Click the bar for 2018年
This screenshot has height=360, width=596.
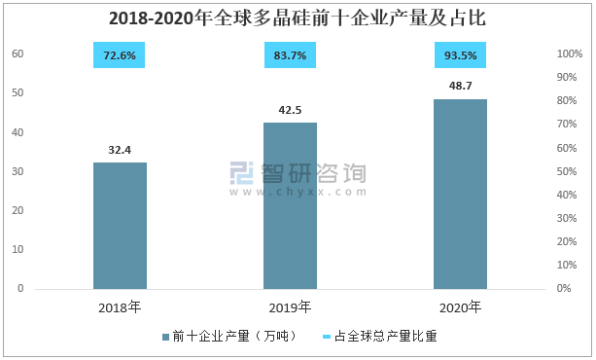[x=121, y=226]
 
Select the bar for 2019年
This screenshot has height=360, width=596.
[x=290, y=206]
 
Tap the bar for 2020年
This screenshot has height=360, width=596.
[x=460, y=194]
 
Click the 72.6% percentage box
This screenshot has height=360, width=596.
[x=120, y=55]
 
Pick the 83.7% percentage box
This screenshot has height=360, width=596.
[x=290, y=55]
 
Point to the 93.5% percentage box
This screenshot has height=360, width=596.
[x=460, y=55]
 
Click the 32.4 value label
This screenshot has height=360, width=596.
[x=120, y=150]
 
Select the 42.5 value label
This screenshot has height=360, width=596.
[x=290, y=110]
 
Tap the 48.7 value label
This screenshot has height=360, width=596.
[x=460, y=86]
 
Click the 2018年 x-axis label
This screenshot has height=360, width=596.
[x=120, y=307]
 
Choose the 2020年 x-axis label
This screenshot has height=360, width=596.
[x=460, y=307]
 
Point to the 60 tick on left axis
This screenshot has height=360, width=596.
[x=18, y=54]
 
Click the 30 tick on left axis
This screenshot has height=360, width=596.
[x=18, y=171]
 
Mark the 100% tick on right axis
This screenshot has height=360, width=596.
[x=570, y=54]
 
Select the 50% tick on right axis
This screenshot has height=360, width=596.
[x=567, y=171]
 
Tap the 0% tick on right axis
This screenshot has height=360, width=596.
[x=564, y=288]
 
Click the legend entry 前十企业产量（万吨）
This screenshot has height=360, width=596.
[x=229, y=336]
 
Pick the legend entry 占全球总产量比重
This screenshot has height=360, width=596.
[x=380, y=336]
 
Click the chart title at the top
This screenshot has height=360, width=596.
[x=298, y=18]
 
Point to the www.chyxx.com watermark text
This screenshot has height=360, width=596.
[x=298, y=192]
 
